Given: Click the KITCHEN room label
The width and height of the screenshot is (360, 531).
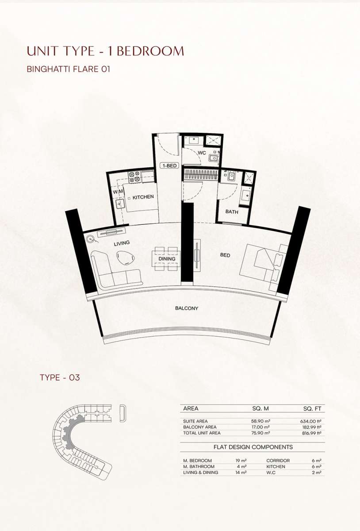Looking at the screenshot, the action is point(143,197).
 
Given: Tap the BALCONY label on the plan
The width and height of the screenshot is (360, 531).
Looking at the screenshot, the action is point(187,308).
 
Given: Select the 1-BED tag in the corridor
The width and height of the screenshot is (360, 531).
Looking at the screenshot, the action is point(170,165).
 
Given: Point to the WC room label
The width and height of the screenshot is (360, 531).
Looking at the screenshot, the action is point(202,153).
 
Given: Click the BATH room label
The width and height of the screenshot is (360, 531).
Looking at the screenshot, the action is point(232,212).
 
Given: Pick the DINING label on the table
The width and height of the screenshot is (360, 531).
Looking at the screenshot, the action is point(167,259).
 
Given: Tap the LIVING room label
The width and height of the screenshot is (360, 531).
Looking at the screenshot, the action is point(122,243).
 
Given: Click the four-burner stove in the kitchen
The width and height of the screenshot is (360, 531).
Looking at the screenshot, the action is point(134,177).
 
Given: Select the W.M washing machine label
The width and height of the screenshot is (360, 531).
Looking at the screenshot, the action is point(118,192).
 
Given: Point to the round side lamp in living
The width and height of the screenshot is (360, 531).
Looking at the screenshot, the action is point(90,239).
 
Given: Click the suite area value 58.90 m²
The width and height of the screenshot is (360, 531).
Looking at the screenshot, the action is point(260,421).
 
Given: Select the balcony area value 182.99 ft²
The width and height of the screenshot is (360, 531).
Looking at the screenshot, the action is point(311,427).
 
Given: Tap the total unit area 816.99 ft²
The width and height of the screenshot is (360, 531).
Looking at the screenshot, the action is point(311,433).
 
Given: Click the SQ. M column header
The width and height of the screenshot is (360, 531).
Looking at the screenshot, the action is point(260,408).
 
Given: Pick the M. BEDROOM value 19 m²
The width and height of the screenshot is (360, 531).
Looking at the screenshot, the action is point(241,460).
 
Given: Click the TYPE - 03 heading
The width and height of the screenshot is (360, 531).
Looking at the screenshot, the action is point(60,377).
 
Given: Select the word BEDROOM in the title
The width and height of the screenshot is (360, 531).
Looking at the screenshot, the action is point(150,51).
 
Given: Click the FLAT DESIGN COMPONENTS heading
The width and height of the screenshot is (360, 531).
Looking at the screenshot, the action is point(253,447).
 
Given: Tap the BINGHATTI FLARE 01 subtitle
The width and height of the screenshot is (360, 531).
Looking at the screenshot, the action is point(69,69).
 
